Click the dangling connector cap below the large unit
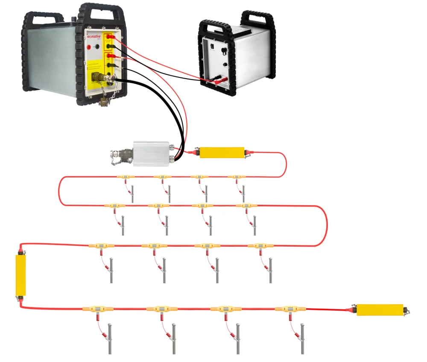[x=104, y=102]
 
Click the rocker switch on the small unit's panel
[x=224, y=53]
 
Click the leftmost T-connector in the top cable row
[x=126, y=177]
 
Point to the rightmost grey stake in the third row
[x=270, y=270]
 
